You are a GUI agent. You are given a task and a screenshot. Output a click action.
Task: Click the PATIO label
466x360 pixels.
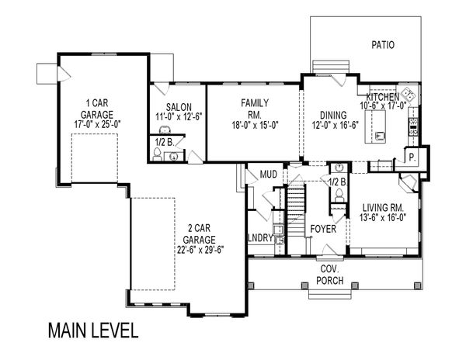tap(383, 45)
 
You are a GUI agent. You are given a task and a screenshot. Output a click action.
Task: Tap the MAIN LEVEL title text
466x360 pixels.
tap(93, 331)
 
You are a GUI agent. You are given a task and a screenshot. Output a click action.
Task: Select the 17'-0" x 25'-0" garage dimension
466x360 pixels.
tap(98, 124)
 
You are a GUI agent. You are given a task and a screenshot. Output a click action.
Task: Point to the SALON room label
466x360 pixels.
tap(179, 107)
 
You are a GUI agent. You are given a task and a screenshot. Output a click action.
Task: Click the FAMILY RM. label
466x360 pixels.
tap(255, 109)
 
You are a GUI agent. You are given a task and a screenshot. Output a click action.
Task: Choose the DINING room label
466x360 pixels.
tap(333, 115)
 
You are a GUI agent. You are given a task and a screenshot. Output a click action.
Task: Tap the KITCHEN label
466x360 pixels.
tap(383, 97)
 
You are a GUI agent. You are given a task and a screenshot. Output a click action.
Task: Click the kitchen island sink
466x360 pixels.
tap(380, 136)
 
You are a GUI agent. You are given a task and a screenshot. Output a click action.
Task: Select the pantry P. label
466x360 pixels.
tap(412, 157)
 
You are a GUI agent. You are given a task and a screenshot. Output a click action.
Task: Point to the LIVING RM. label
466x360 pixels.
tap(383, 207)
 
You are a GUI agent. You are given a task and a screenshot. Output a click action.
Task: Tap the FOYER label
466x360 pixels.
tap(323, 229)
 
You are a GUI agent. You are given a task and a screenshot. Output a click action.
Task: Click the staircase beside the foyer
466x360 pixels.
tap(297, 204)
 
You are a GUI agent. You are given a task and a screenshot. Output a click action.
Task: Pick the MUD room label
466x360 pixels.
tap(269, 175)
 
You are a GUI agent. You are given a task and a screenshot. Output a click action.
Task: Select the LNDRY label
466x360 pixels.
tap(260, 237)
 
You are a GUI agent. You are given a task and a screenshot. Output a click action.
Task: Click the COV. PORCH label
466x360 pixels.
tap(330, 275)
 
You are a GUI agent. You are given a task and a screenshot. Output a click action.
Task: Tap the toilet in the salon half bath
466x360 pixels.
tap(157, 154)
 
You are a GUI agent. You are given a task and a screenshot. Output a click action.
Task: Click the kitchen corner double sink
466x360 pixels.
tap(409, 94)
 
